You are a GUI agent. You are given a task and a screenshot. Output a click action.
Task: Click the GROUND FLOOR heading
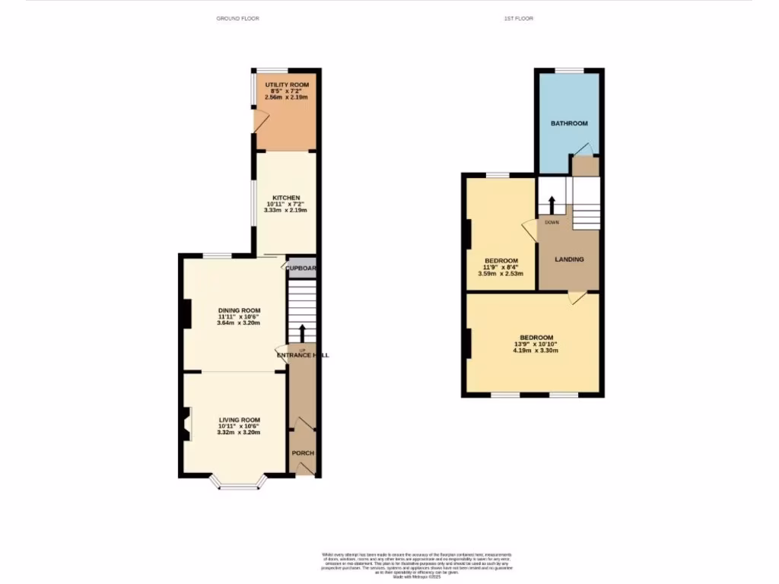237,18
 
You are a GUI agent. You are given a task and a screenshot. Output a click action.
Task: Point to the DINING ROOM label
239,310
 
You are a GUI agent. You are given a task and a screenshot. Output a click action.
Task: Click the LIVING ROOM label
240,420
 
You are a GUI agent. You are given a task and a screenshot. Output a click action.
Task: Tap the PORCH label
303,453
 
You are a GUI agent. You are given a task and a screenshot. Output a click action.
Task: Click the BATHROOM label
569,123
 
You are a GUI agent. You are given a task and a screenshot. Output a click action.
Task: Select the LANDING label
569,259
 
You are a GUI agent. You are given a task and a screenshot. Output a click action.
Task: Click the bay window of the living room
239,483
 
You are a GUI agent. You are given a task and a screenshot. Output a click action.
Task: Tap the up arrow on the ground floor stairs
303,332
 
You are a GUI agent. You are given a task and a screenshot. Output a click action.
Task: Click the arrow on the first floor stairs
551,205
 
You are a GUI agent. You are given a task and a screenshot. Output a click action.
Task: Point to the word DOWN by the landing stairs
552,223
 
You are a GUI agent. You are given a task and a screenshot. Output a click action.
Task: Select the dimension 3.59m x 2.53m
501,274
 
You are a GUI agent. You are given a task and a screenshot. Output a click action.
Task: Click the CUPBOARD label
301,268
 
